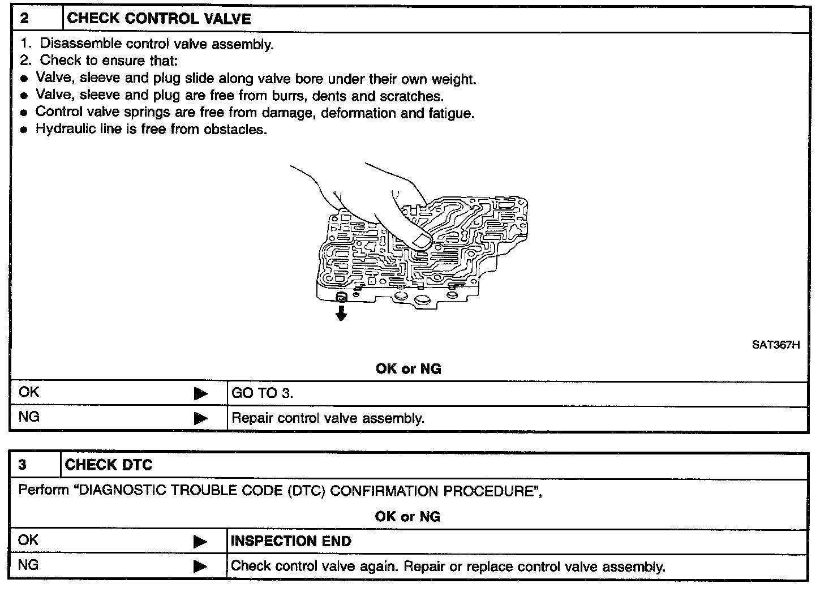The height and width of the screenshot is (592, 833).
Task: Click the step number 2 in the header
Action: pyautogui.click(x=24, y=19)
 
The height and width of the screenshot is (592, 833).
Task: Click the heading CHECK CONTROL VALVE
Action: pyautogui.click(x=159, y=19)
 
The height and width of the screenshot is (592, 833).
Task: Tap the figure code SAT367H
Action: pyautogui.click(x=775, y=345)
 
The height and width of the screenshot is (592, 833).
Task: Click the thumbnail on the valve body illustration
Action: pyautogui.click(x=422, y=242)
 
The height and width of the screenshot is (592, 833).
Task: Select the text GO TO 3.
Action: pyautogui.click(x=262, y=393)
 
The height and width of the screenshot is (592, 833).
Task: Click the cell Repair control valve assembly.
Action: pyautogui.click(x=328, y=419)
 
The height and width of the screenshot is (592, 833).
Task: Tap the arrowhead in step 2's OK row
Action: pyautogui.click(x=200, y=393)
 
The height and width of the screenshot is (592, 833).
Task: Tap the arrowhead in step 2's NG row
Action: pyautogui.click(x=200, y=419)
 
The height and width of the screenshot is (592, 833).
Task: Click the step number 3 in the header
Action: pyautogui.click(x=22, y=465)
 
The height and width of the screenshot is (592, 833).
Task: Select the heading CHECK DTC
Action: pyautogui.click(x=109, y=465)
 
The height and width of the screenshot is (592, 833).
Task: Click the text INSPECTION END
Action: pyautogui.click(x=291, y=541)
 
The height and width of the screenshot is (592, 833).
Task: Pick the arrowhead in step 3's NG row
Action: pyautogui.click(x=200, y=566)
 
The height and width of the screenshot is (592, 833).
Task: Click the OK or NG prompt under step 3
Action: pyautogui.click(x=407, y=517)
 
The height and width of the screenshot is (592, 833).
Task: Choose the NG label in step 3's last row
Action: pyautogui.click(x=29, y=565)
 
